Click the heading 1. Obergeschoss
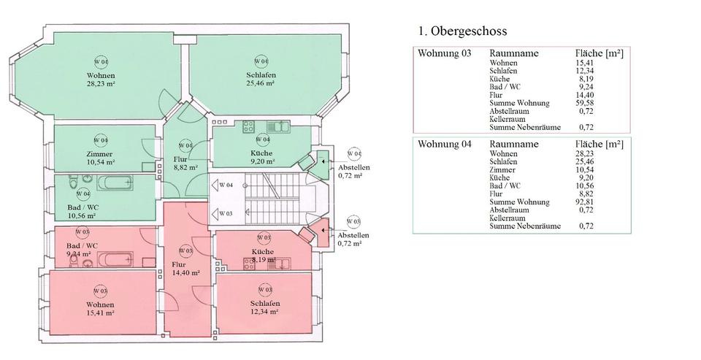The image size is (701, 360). tap(462, 31)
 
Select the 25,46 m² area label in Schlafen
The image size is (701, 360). tap(260, 83)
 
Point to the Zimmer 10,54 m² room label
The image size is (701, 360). tap(100, 157)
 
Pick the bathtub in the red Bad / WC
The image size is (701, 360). tap(115, 258)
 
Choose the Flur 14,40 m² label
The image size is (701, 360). tap(185, 269)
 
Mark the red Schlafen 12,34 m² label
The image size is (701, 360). tap(264, 307)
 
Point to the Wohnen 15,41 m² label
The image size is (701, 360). tap(100, 308)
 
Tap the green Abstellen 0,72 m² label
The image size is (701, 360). tap(353, 172)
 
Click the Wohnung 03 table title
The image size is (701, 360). tap(444, 54)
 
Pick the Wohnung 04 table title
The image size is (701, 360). tap(444, 144)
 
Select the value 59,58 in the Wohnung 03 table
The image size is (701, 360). tap(586, 104)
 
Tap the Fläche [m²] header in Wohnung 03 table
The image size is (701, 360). tap(599, 54)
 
